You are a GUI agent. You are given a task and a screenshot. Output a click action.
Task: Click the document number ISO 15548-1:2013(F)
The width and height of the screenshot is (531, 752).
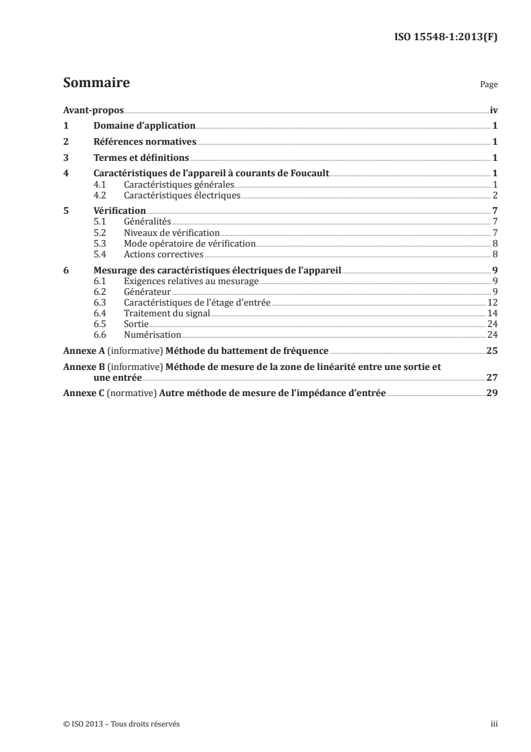click(x=445, y=38)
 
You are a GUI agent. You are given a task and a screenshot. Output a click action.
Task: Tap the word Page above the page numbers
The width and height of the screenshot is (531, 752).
click(x=489, y=86)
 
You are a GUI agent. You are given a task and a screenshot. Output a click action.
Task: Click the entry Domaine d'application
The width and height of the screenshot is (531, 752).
click(x=144, y=125)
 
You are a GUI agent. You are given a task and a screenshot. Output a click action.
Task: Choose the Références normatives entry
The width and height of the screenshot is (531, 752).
click(x=144, y=141)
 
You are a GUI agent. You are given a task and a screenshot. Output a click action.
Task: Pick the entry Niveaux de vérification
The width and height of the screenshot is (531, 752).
click(x=172, y=232)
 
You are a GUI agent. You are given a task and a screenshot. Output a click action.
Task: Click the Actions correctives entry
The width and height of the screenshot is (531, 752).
click(x=163, y=254)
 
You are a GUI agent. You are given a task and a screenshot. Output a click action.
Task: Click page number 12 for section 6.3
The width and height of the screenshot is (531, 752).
click(x=491, y=302)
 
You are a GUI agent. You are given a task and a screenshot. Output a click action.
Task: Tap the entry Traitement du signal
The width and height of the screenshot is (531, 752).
click(x=167, y=313)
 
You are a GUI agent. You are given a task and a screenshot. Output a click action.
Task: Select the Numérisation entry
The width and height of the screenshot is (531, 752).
click(x=153, y=334)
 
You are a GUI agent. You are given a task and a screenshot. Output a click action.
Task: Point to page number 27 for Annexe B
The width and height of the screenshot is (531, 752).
click(x=491, y=377)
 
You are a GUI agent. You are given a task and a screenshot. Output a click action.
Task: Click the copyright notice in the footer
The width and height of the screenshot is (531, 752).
click(x=121, y=724)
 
